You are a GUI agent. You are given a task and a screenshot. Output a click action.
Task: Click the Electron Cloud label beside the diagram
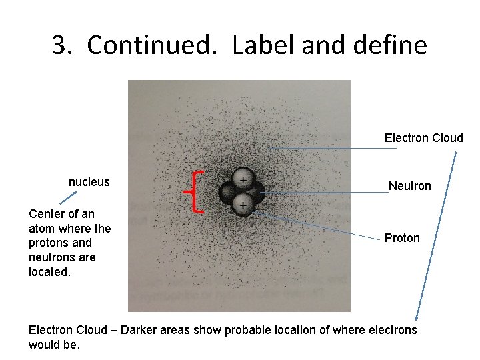tap(423, 138)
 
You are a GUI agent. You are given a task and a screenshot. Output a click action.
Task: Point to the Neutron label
tap(409, 186)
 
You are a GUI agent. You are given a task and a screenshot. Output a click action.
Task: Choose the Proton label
tap(402, 238)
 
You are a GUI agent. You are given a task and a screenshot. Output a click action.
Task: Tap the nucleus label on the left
tap(89, 182)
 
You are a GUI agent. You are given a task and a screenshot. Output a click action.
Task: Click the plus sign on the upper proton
tap(244, 180)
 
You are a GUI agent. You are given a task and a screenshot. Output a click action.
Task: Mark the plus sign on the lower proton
tap(244, 205)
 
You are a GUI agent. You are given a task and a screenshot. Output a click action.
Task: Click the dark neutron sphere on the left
tap(230, 193)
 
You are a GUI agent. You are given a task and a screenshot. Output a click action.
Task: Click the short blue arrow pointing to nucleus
tap(68, 197)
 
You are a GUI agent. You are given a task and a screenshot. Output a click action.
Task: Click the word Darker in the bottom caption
tap(139, 330)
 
